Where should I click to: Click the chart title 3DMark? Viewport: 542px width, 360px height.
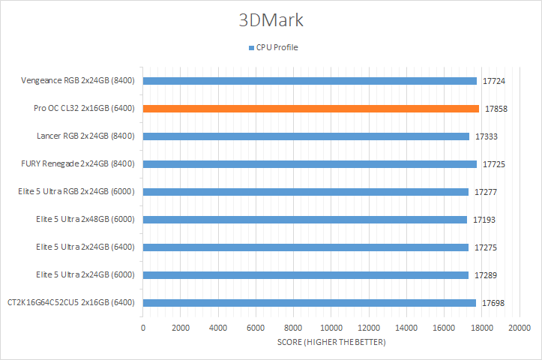coord(271,20)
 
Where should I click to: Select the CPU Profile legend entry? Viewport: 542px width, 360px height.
coord(274,47)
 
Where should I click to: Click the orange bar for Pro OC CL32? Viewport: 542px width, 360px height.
coord(310,109)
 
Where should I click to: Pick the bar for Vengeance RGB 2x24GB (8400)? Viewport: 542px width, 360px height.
coord(310,81)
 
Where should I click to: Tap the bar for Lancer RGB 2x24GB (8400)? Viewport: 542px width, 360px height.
coord(306,136)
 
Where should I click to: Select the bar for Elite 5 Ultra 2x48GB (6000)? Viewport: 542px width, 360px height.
coord(304,220)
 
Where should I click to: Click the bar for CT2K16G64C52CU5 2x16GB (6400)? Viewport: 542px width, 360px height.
coord(309,303)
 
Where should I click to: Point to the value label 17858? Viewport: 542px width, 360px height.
coord(497,109)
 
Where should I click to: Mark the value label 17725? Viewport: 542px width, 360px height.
coord(495,164)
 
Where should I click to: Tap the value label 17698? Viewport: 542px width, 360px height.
coord(494,303)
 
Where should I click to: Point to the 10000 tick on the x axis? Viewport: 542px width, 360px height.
coord(331,328)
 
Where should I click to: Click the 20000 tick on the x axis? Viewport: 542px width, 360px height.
coord(520,328)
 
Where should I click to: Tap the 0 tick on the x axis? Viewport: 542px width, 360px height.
coord(143,328)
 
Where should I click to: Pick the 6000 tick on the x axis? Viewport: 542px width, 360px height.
coord(256,328)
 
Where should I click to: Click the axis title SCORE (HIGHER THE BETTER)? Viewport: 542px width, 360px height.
coord(331,343)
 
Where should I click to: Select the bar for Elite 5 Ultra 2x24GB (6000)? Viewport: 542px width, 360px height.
coord(305,275)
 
